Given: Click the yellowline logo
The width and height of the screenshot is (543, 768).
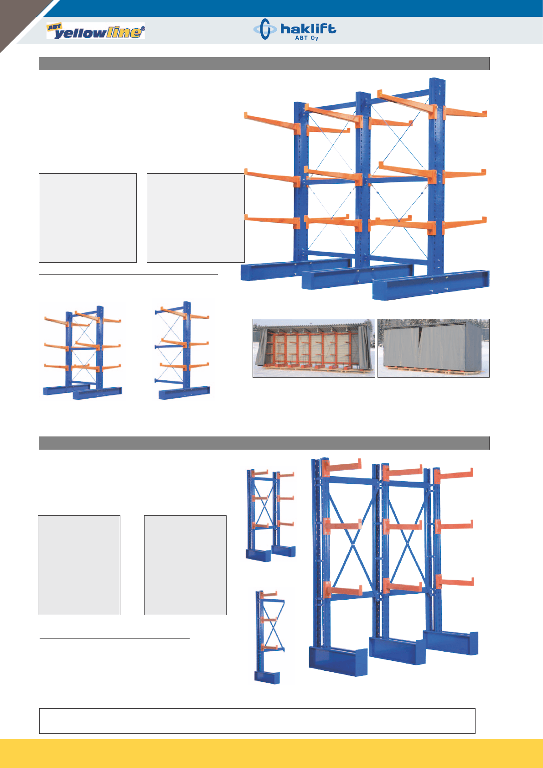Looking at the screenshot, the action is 96,31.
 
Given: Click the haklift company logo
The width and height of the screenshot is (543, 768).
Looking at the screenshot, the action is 295,29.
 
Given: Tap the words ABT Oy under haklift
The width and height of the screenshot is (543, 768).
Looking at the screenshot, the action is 306,38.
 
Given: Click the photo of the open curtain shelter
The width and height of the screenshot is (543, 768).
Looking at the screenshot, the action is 314,348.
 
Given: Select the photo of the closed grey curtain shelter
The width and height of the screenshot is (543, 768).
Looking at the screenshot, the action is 433,348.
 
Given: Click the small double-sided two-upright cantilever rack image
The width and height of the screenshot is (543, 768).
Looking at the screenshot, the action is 83,353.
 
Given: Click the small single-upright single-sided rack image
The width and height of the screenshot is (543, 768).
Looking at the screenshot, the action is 270,637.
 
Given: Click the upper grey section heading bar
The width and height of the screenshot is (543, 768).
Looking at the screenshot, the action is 264,64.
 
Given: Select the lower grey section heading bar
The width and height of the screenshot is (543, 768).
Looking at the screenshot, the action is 264,443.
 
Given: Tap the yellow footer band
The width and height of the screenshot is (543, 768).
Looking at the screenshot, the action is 272,753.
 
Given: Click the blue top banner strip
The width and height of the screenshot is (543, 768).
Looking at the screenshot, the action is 291,8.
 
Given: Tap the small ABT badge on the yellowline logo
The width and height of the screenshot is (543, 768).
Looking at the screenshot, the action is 54,27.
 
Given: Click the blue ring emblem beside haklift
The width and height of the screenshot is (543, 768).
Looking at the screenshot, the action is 264,29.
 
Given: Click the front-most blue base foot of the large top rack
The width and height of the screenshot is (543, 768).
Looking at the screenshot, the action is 431,285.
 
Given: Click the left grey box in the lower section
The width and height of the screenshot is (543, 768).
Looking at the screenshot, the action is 79,565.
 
